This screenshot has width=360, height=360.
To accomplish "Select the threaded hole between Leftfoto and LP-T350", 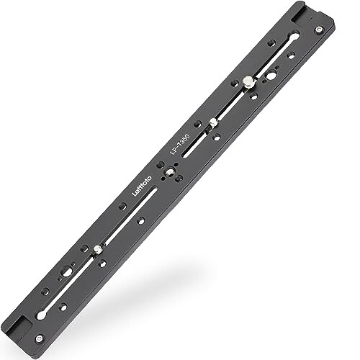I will pos(166,171).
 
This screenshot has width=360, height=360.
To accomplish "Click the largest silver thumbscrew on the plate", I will pos(247,81).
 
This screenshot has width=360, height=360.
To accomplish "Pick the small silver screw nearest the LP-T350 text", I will pos(213,120).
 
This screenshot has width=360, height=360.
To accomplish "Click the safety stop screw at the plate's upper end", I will pos(318,30).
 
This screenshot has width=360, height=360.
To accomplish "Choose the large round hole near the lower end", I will pos(66,271).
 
